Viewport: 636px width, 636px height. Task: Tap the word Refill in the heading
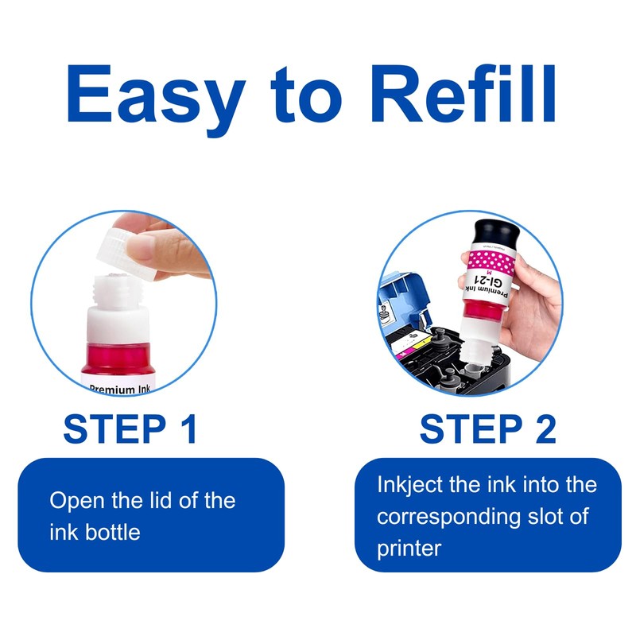tap(463, 94)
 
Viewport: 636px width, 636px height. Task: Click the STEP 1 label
tap(130, 429)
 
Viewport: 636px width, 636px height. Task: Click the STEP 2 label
tap(487, 429)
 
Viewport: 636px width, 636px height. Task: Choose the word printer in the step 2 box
tap(409, 549)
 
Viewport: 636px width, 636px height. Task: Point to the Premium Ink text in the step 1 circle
tap(120, 390)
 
